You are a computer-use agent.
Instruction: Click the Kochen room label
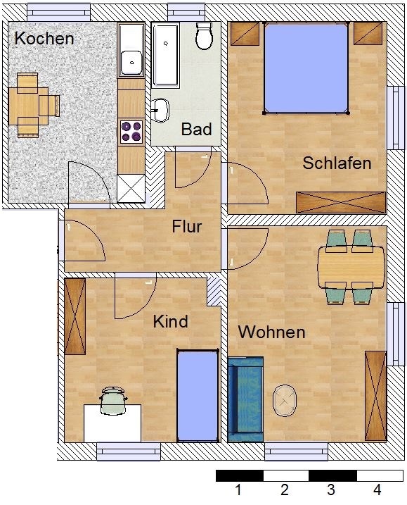(44, 38)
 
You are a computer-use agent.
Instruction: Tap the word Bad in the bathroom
(196, 129)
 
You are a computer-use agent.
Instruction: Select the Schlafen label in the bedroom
(337, 163)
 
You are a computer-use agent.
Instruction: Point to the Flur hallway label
(187, 226)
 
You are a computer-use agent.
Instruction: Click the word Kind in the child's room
(170, 321)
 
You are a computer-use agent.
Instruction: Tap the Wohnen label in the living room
(271, 332)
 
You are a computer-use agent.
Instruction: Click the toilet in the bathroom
(204, 36)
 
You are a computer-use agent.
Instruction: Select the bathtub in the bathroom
(166, 55)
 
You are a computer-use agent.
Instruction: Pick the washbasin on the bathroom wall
(160, 111)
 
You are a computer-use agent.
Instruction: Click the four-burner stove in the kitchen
(131, 132)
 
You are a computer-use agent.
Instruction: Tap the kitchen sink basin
(131, 63)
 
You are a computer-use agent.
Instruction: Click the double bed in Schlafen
(306, 68)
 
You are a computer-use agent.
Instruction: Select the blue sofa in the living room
(245, 399)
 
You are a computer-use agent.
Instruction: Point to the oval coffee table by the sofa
(285, 401)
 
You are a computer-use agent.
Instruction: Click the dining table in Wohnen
(351, 267)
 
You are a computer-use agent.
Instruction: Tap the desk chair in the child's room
(113, 401)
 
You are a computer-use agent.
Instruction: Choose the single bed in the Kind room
(198, 395)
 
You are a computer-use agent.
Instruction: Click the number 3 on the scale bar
(331, 490)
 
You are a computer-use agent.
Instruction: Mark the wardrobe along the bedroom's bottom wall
(341, 202)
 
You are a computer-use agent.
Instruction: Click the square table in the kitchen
(28, 106)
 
